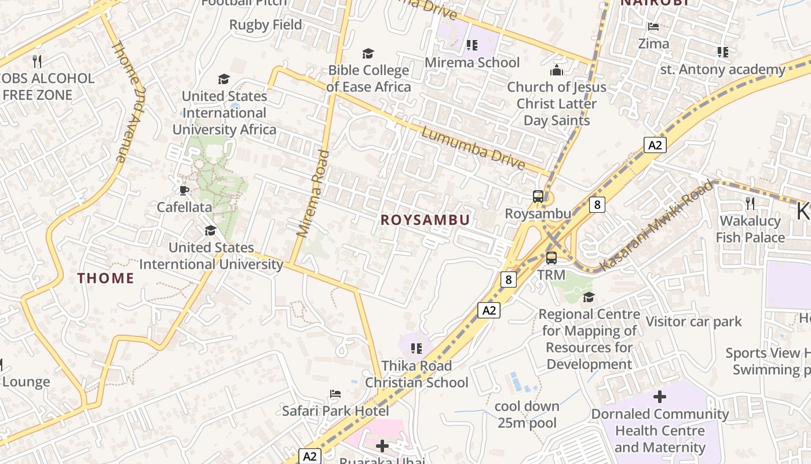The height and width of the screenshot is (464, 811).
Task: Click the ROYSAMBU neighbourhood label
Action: click(425, 220)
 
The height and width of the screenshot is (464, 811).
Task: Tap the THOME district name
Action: click(106, 278)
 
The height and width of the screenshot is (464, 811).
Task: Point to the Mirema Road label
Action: click(313, 194)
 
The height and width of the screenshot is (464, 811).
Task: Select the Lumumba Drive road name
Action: click(473, 148)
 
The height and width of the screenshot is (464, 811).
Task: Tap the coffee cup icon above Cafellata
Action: click(184, 190)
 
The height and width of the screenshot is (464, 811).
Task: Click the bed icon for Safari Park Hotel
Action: click(335, 394)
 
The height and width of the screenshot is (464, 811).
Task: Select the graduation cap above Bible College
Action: click(368, 54)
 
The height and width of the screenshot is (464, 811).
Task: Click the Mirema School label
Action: click(472, 62)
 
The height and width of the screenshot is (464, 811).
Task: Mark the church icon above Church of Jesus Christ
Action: click(556, 71)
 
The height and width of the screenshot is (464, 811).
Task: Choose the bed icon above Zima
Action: click(653, 27)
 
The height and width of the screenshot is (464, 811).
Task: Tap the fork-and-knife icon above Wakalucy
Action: click(750, 203)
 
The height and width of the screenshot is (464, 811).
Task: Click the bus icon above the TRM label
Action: click(551, 258)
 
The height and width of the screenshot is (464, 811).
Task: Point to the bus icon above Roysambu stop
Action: click(538, 197)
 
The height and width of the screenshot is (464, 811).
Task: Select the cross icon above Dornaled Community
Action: click(659, 397)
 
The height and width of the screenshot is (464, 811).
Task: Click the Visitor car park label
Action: click(693, 321)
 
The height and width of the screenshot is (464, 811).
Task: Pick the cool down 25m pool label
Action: click(527, 414)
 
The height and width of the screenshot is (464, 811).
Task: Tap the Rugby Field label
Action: click(265, 25)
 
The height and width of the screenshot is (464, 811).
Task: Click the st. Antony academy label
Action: click(722, 70)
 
